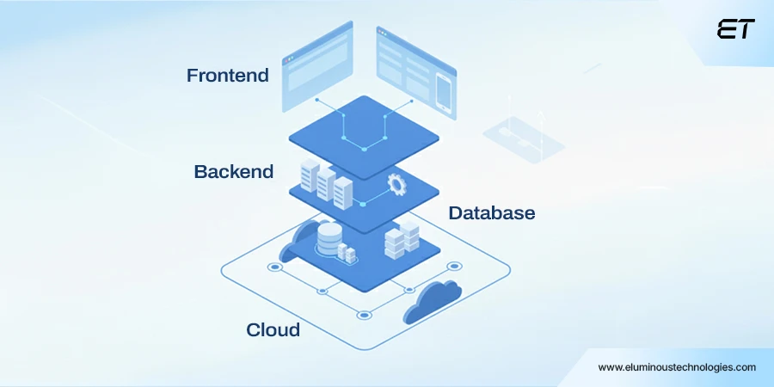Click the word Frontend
click(x=228, y=76)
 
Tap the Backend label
click(x=234, y=172)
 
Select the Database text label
click(x=492, y=212)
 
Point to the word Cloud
click(x=273, y=330)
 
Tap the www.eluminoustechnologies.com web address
click(x=677, y=367)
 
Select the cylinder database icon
click(x=329, y=237)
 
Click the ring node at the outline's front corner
click(x=364, y=315)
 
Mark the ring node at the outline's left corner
click(x=274, y=267)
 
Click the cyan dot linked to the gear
click(x=363, y=204)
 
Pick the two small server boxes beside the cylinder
click(x=347, y=253)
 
